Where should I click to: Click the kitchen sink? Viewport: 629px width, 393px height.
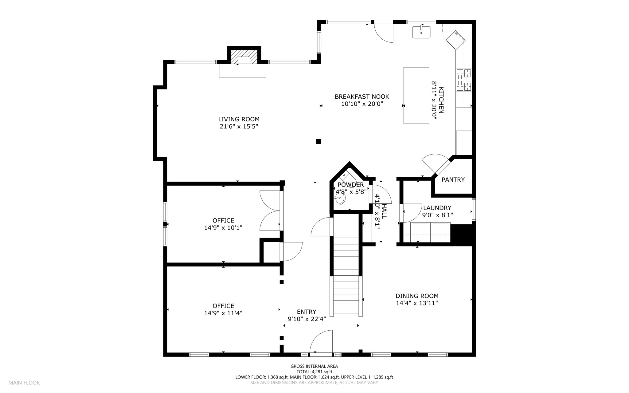tap(421, 32)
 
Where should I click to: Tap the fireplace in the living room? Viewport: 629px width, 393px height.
tap(244, 57)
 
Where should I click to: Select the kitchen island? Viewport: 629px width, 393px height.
tap(416, 96)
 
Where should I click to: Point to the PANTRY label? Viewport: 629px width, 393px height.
tap(453, 180)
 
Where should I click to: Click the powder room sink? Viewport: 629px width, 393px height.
tap(340, 198)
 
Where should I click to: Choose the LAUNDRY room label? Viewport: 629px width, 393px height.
tap(437, 208)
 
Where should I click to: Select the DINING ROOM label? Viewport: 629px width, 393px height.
tap(417, 296)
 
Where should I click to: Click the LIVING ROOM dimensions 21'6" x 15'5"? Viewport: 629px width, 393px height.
tap(239, 127)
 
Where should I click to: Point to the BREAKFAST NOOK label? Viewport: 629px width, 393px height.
tap(362, 97)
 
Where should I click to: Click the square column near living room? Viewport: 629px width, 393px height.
tap(318, 142)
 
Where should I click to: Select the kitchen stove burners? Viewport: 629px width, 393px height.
tap(464, 80)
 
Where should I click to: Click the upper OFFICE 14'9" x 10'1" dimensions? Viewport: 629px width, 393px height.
tap(223, 228)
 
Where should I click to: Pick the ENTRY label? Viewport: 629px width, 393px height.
tap(307, 312)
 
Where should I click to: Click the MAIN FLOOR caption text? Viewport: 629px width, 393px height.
tap(24, 383)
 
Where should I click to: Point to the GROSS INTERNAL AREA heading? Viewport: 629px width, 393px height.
tap(314, 366)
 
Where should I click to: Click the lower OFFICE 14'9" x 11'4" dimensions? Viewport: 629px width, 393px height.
tap(223, 313)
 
